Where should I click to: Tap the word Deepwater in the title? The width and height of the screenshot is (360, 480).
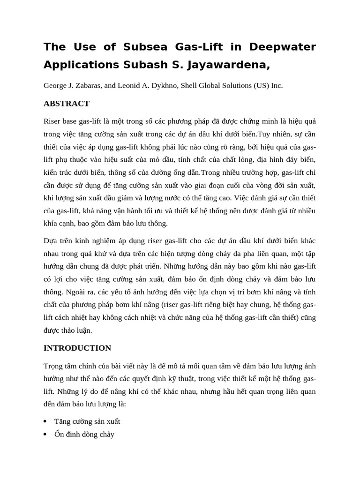tap(283, 47)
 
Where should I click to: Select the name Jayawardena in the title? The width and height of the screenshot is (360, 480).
tap(231, 65)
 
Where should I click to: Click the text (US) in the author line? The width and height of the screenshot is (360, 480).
tap(261, 86)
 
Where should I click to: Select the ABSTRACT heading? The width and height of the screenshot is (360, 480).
tap(66, 104)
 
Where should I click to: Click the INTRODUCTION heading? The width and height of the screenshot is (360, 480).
tap(77, 348)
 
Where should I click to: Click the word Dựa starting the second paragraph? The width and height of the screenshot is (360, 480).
tap(51, 241)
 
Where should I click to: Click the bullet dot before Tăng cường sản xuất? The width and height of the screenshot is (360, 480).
tap(45, 421)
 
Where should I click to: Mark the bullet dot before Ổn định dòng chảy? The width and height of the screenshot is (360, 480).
tap(45, 435)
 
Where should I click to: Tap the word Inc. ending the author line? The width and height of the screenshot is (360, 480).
tap(277, 86)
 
